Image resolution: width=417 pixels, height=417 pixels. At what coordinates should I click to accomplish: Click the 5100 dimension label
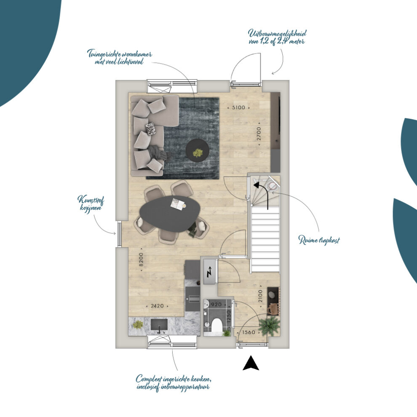tap(238, 108)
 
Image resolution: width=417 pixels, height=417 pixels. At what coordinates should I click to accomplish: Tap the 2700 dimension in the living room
tap(259, 134)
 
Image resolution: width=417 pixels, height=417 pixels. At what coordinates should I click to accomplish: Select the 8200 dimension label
tap(141, 259)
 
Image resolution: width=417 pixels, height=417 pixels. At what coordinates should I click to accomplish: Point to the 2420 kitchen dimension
tap(157, 306)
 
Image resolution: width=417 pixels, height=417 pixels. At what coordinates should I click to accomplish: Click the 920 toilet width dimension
tap(216, 305)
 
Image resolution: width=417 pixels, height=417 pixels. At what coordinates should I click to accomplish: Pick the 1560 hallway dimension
tap(249, 332)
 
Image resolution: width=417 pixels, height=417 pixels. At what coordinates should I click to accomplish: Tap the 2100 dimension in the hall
tap(260, 296)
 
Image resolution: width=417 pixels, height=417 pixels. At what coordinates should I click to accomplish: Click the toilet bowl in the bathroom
tap(217, 325)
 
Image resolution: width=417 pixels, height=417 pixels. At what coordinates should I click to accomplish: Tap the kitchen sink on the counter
tap(159, 325)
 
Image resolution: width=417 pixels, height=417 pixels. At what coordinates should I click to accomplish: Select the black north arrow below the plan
tap(251, 363)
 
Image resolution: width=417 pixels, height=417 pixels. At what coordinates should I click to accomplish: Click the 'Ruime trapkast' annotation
tap(319, 240)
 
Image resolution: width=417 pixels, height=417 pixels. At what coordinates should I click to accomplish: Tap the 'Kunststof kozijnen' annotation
tap(91, 203)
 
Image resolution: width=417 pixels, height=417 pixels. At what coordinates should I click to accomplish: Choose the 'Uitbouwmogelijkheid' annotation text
tap(277, 34)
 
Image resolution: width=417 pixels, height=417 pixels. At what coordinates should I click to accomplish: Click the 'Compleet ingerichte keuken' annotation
tap(174, 379)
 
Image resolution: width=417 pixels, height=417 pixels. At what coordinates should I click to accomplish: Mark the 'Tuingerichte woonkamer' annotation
tap(120, 53)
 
